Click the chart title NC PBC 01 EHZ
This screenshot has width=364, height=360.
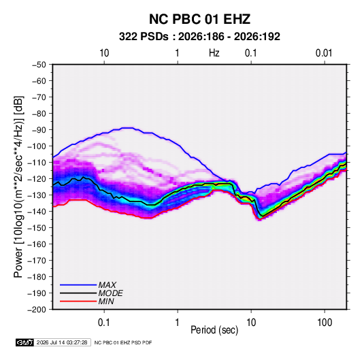click(x=199, y=19)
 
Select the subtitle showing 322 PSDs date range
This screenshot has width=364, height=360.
click(x=199, y=37)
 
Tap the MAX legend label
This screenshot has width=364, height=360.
click(x=107, y=285)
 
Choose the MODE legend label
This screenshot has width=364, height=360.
click(x=110, y=293)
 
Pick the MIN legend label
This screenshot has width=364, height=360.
click(x=106, y=301)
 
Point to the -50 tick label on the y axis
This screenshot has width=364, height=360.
click(x=39, y=65)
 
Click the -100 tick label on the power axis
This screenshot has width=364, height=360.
click(x=37, y=146)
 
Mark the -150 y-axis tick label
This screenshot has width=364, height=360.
click(x=37, y=228)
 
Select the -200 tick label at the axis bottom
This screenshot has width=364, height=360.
click(x=37, y=310)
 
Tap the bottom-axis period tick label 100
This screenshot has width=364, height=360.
click(x=325, y=323)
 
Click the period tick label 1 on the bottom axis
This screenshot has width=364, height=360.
click(x=178, y=323)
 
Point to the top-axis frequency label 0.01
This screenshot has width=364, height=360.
click(x=324, y=53)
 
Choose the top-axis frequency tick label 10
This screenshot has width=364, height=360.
click(x=104, y=53)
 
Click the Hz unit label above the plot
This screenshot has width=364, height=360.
click(x=214, y=53)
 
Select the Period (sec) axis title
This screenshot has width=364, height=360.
click(x=214, y=330)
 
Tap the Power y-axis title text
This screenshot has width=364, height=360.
click(x=18, y=187)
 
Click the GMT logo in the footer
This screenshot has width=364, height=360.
click(x=25, y=342)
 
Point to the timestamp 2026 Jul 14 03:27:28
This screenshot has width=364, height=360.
click(x=62, y=342)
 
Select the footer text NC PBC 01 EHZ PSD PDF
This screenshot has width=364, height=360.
click(x=123, y=342)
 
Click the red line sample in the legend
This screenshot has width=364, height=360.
click(x=78, y=301)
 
